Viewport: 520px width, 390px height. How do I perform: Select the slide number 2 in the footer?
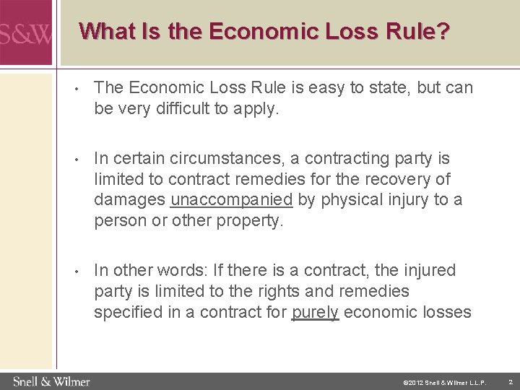pos(510,381)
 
